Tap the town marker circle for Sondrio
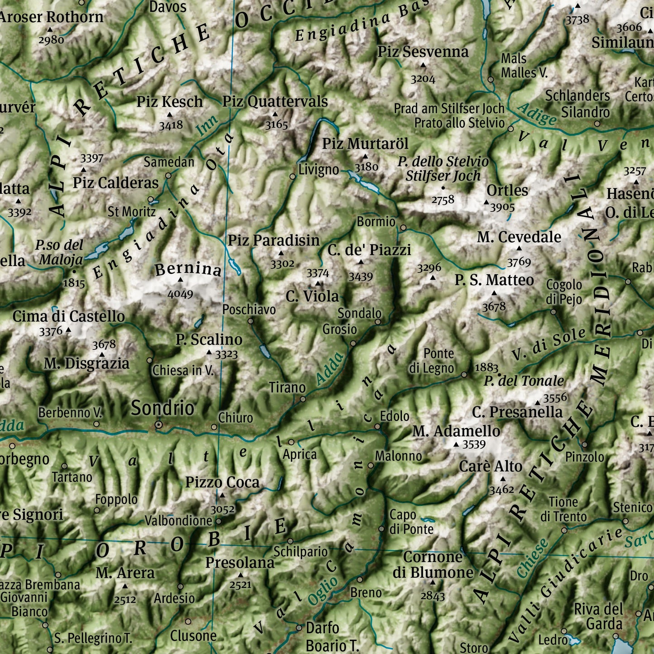coord(159,425)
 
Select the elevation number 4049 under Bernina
coord(180,294)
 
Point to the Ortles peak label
coord(507,191)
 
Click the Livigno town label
coord(319,170)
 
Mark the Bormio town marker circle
coord(403,228)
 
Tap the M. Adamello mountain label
coord(456,431)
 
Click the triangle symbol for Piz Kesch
coord(170,115)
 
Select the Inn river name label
coord(207,126)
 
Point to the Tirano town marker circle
coord(303,399)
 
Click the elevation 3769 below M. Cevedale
coord(519,262)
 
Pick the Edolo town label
coord(395,416)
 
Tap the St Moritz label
coord(131,211)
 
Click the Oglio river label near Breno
coord(323,591)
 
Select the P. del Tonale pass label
coord(524,381)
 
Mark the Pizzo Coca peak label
coord(222,482)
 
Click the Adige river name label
coord(537,115)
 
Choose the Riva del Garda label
coord(599,616)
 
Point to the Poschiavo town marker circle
coord(250,321)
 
